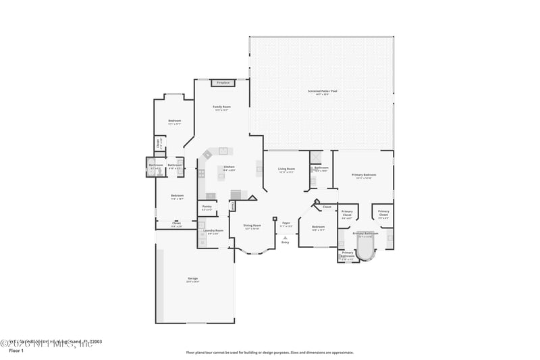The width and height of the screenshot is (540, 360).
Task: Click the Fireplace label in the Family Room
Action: tap(223, 83)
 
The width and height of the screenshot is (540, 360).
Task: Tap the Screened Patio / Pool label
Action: tap(323, 91)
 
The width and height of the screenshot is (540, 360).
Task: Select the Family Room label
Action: tap(221, 107)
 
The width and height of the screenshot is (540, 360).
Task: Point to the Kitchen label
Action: tap(229, 167)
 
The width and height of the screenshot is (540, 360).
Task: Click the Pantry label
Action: tap(207, 206)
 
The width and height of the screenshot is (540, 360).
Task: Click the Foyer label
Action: tap(286, 223)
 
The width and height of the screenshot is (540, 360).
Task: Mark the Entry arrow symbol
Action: tap(286, 237)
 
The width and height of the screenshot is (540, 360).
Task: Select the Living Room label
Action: tap(287, 169)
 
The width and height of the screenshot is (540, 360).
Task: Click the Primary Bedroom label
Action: tap(364, 175)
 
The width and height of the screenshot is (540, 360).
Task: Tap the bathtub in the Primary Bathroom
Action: tap(365, 249)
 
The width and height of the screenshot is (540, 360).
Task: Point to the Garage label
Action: tap(192, 278)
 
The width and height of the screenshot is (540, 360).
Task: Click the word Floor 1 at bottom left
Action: tap(16, 351)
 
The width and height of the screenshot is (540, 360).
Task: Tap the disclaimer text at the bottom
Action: tap(269, 352)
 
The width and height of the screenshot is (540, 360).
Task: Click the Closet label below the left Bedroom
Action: tap(176, 223)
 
